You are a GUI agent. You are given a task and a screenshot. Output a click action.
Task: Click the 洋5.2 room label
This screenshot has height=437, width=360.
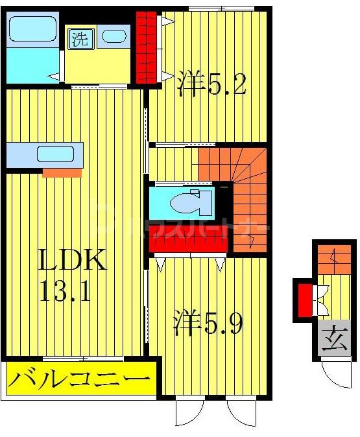click(211, 84)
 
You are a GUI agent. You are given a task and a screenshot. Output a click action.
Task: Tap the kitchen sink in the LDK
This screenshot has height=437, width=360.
click(54, 154)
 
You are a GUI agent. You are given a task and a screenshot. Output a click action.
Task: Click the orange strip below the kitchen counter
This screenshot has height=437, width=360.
click(62, 173)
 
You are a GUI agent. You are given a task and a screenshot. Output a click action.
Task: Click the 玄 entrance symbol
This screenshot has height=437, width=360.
click(332, 339)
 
